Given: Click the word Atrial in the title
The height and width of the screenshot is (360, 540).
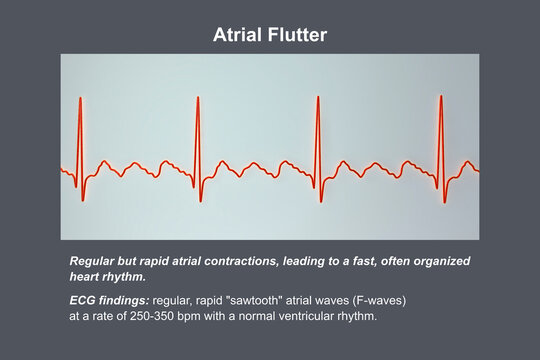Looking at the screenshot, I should (x=237, y=35).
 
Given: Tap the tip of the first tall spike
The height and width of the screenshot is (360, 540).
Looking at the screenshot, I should (x=79, y=97).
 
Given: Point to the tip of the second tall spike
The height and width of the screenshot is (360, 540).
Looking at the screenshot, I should (x=198, y=97).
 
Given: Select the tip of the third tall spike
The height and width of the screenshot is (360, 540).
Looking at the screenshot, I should (x=317, y=97).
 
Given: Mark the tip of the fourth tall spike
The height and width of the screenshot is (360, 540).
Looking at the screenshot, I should (x=441, y=97).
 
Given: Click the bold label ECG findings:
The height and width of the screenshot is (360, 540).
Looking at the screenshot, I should (x=108, y=298).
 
